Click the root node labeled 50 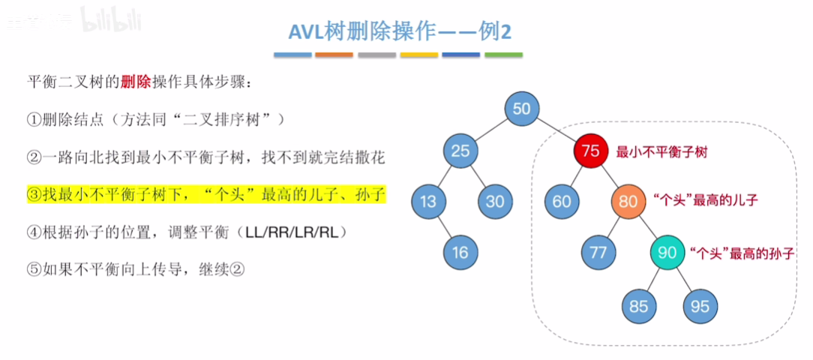click(521, 108)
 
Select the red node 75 click(590, 151)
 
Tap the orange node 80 click(628, 201)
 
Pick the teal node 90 click(667, 252)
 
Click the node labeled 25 click(460, 151)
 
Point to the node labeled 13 click(428, 201)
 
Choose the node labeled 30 click(495, 201)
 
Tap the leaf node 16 click(460, 252)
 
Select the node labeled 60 click(562, 201)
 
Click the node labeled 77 click(598, 252)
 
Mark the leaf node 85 click(638, 306)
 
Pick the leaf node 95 click(700, 306)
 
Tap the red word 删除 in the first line click(135, 82)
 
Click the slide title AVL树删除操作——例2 click(402, 31)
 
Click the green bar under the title click(503, 55)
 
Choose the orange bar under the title click(334, 55)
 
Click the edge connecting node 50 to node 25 click(490, 129)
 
